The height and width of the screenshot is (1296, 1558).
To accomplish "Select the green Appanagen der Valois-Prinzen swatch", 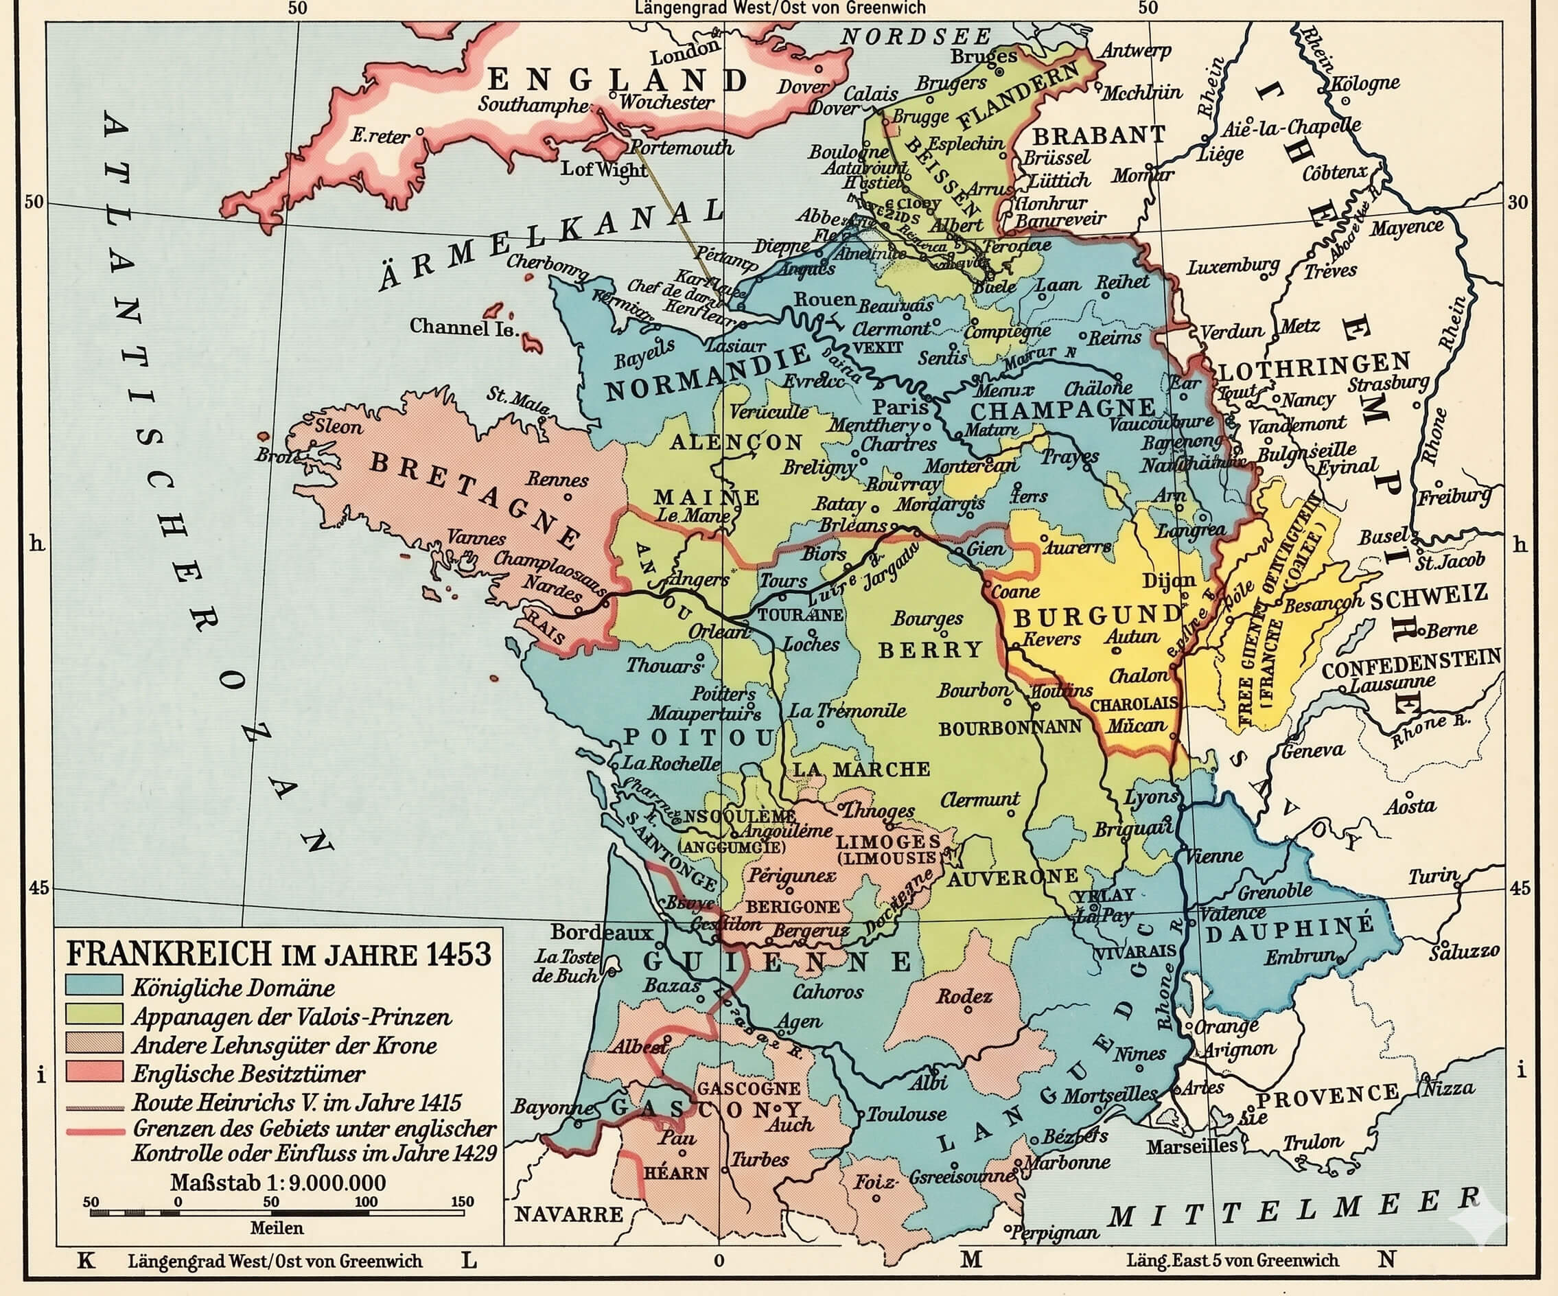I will pos(94,1014).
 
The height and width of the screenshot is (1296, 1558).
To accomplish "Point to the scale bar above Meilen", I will pos(277,1212).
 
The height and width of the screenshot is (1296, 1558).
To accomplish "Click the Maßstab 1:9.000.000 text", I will pos(277,1183).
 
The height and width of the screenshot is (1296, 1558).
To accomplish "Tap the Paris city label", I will pos(900,406).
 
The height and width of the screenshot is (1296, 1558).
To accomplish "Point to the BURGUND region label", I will pos(1097,616).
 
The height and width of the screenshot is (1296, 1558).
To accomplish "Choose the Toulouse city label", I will pos(907,1113).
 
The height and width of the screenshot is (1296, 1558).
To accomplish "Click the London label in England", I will pos(684,52).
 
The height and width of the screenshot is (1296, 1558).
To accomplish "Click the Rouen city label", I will pos(824,299).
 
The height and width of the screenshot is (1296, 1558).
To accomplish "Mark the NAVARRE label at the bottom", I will pos(569,1214).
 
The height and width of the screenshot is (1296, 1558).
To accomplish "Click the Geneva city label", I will pos(1312,751).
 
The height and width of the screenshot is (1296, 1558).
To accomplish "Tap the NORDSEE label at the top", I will pos(916,36).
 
